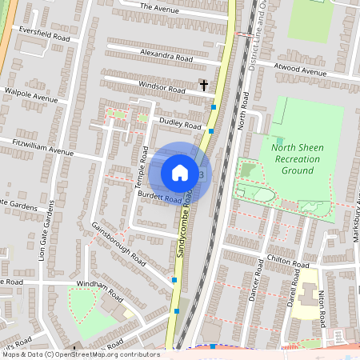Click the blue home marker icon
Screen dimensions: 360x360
180,172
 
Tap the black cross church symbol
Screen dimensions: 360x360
203,84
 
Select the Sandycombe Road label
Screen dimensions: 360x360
184,224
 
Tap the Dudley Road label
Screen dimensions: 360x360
180,123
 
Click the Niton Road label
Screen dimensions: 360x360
324,308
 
